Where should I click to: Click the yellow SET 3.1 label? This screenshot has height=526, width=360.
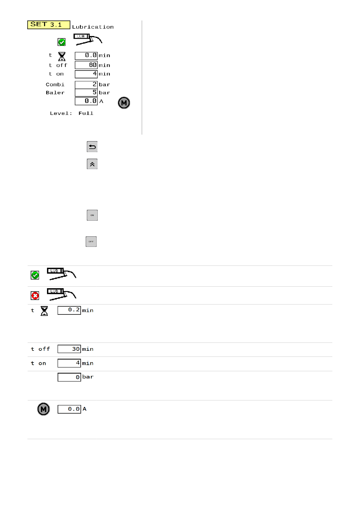[49, 25]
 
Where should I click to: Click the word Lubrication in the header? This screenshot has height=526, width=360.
[93, 27]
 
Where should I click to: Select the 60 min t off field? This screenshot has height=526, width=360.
[86, 65]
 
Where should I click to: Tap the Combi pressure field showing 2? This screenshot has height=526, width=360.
[86, 85]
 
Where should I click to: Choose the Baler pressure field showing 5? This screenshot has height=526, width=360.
[86, 93]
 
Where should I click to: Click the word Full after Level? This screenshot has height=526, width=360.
[86, 113]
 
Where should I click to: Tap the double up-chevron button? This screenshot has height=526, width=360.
[92, 164]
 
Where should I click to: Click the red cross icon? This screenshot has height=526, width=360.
[35, 296]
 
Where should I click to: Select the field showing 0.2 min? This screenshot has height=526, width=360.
[69, 310]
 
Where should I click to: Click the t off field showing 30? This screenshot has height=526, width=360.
[69, 349]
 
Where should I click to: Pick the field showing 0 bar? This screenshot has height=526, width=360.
[69, 377]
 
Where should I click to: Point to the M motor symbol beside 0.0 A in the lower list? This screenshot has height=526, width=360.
[44, 409]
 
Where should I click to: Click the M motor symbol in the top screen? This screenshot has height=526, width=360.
[124, 103]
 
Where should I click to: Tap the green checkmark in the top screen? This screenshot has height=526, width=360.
[62, 42]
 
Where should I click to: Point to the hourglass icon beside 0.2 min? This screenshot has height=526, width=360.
[44, 311]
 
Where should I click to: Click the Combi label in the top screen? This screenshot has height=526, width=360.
[55, 85]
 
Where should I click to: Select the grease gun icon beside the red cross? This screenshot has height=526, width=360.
[61, 294]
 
